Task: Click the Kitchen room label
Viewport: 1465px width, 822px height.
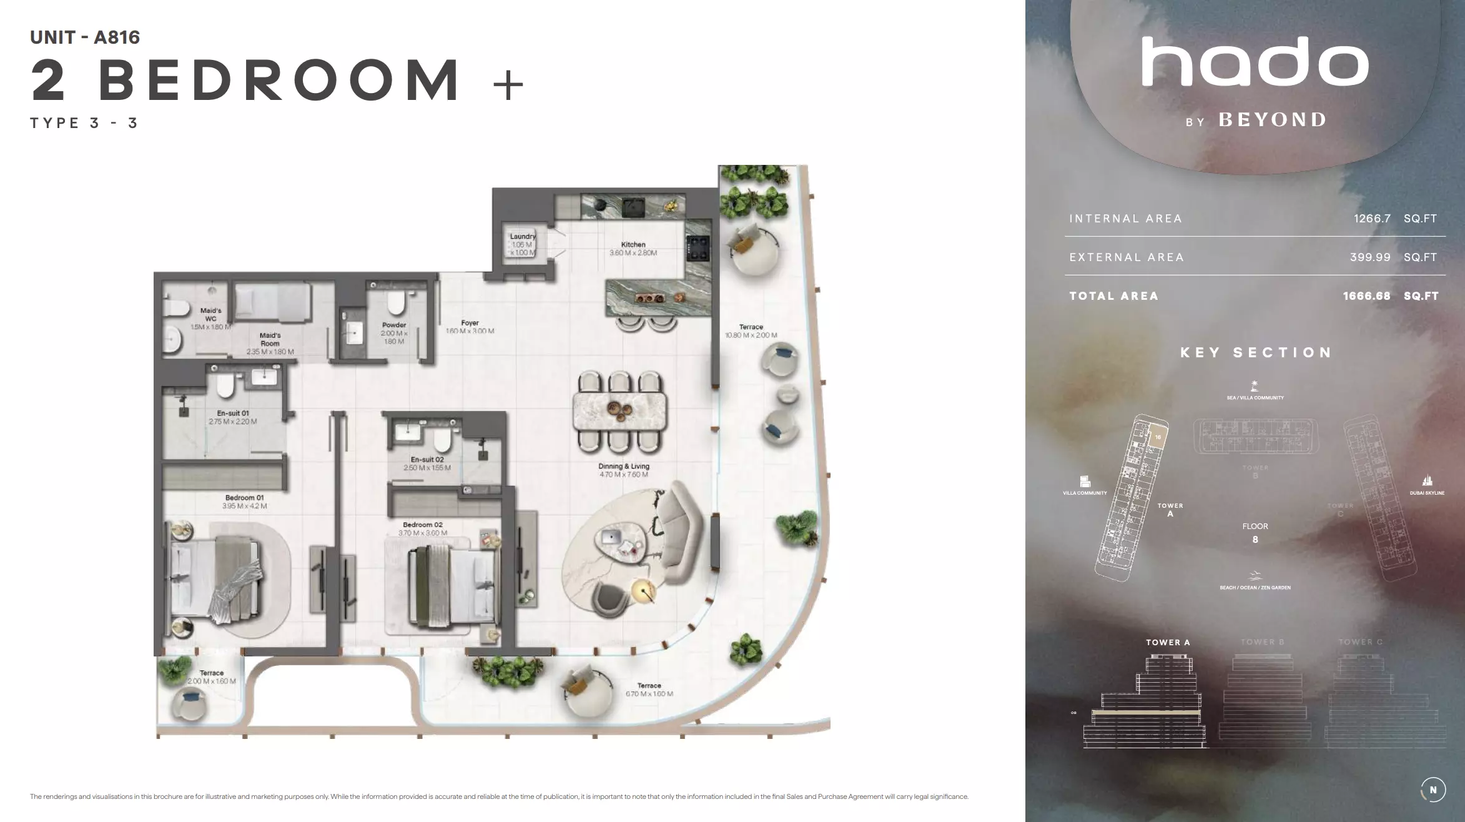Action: [x=633, y=245]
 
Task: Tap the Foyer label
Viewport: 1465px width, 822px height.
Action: [x=470, y=323]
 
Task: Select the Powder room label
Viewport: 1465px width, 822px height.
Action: [x=394, y=325]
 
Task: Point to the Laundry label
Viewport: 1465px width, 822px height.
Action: [x=523, y=237]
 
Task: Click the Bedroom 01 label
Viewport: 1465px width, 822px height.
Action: [x=244, y=498]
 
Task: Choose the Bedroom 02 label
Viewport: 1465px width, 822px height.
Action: [x=423, y=525]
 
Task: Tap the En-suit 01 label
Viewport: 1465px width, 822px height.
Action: [x=233, y=413]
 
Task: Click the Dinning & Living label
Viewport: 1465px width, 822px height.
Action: [x=624, y=466]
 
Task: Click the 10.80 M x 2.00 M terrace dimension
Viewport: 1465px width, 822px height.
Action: [x=751, y=335]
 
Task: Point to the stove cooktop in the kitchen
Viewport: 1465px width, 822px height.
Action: [x=698, y=248]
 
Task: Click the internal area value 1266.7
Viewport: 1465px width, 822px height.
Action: [x=1372, y=219]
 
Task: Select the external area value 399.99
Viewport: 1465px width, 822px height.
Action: [x=1370, y=257]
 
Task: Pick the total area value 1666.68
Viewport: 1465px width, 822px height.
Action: [x=1366, y=296]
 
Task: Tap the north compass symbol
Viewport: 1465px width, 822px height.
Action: [x=1433, y=790]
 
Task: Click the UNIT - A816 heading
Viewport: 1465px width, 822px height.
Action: [x=85, y=37]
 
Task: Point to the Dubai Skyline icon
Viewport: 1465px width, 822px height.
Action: [x=1427, y=481]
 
